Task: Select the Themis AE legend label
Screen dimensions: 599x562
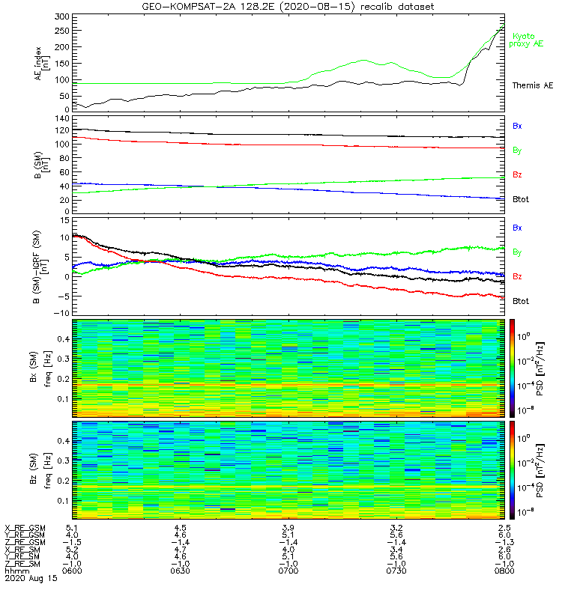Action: click(531, 85)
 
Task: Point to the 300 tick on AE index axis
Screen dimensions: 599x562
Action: click(61, 16)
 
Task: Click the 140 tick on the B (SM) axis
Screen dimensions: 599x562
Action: click(61, 118)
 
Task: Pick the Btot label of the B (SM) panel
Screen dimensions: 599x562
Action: click(521, 199)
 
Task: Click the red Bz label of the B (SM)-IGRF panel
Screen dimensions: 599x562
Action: click(517, 276)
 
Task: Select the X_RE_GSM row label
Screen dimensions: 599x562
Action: click(25, 529)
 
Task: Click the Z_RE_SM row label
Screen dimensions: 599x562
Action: click(25, 563)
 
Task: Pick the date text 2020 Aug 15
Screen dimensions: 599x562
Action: click(29, 579)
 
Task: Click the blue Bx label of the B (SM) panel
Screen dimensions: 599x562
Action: click(517, 126)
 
